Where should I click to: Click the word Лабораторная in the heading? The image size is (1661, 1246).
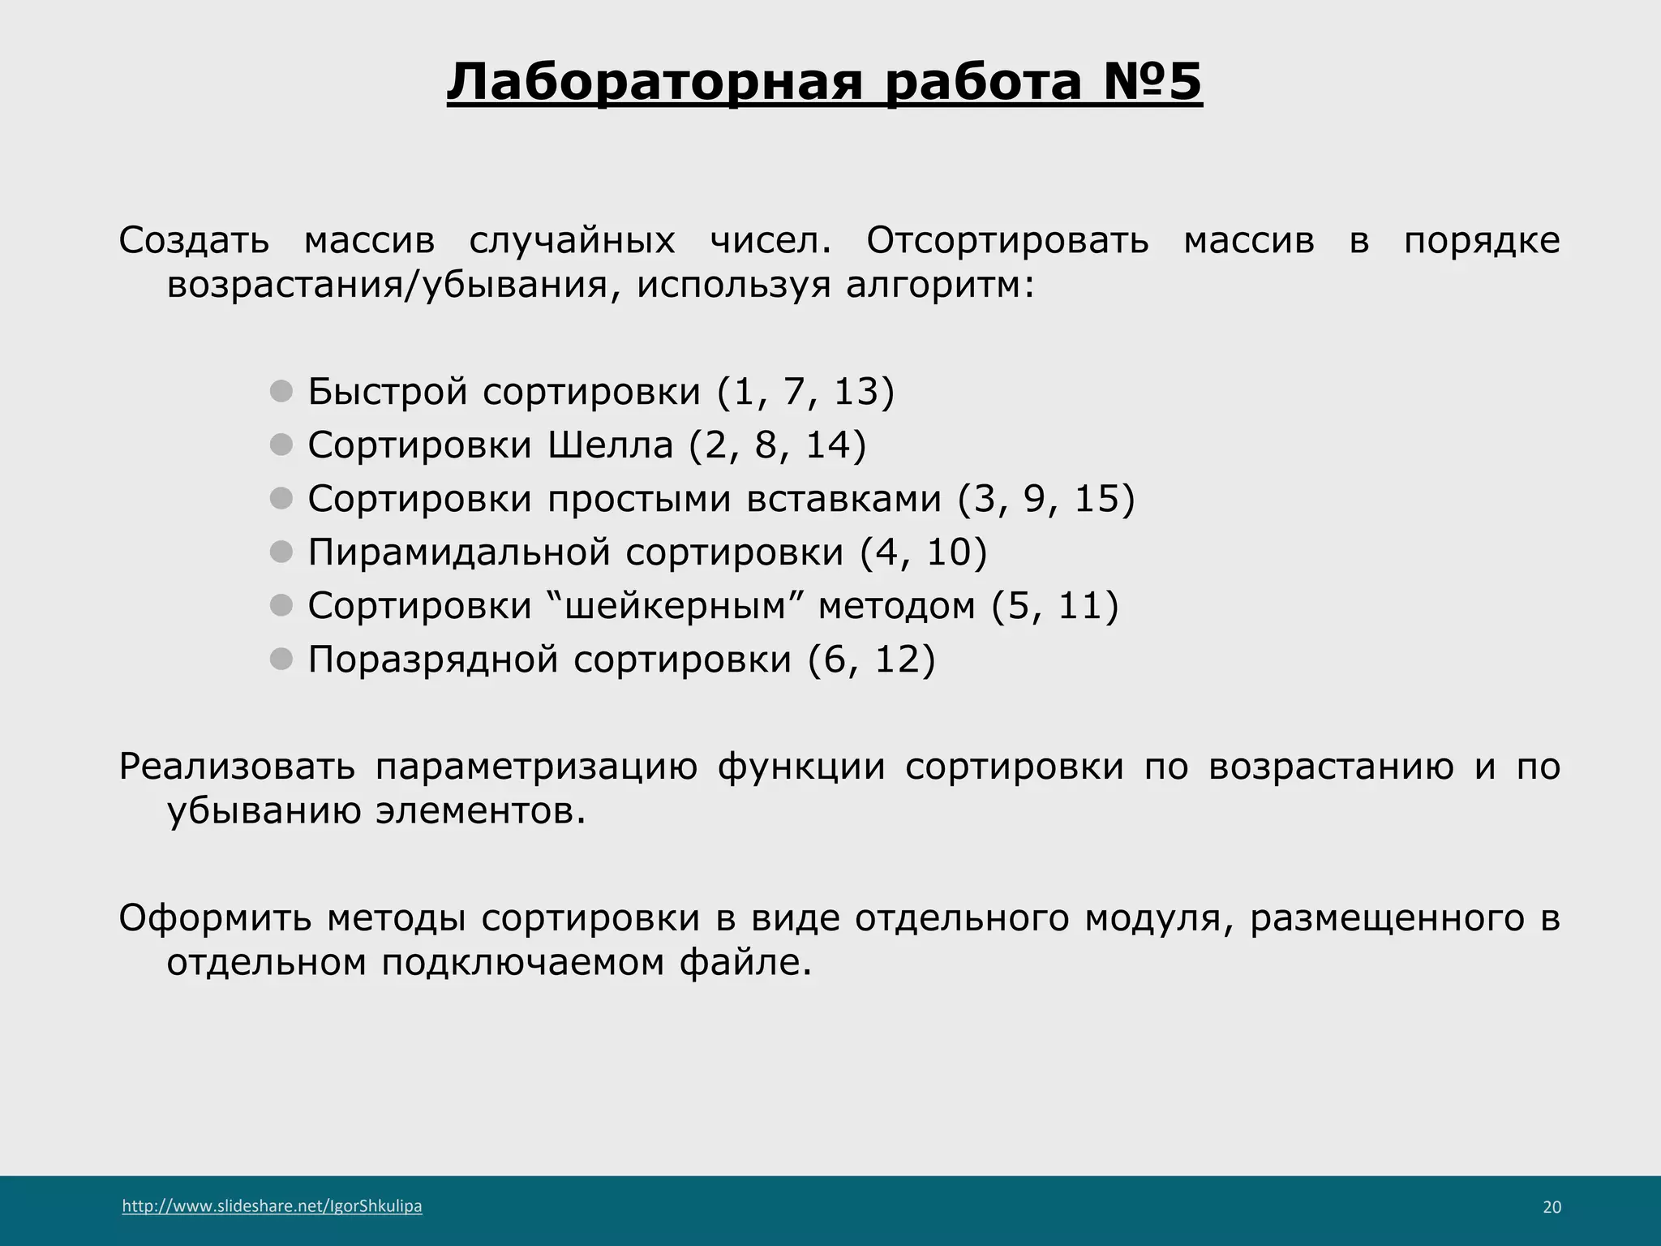pyautogui.click(x=654, y=82)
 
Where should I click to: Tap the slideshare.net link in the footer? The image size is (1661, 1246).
pyautogui.click(x=272, y=1206)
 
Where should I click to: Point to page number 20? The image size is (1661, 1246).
pyautogui.click(x=1551, y=1207)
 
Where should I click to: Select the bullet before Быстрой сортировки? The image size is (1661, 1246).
pyautogui.click(x=281, y=392)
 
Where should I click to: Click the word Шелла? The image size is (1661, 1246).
pyautogui.click(x=610, y=445)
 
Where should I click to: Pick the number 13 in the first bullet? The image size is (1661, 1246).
pyautogui.click(x=856, y=391)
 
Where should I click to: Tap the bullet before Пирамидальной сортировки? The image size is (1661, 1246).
pyautogui.click(x=281, y=552)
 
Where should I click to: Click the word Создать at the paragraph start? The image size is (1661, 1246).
pyautogui.click(x=194, y=240)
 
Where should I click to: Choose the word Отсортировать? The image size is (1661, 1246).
pyautogui.click(x=1007, y=240)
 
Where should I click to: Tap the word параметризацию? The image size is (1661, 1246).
pyautogui.click(x=536, y=767)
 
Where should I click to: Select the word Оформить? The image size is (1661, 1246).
pyautogui.click(x=214, y=918)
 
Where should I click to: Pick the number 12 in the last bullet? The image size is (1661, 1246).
pyautogui.click(x=896, y=659)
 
